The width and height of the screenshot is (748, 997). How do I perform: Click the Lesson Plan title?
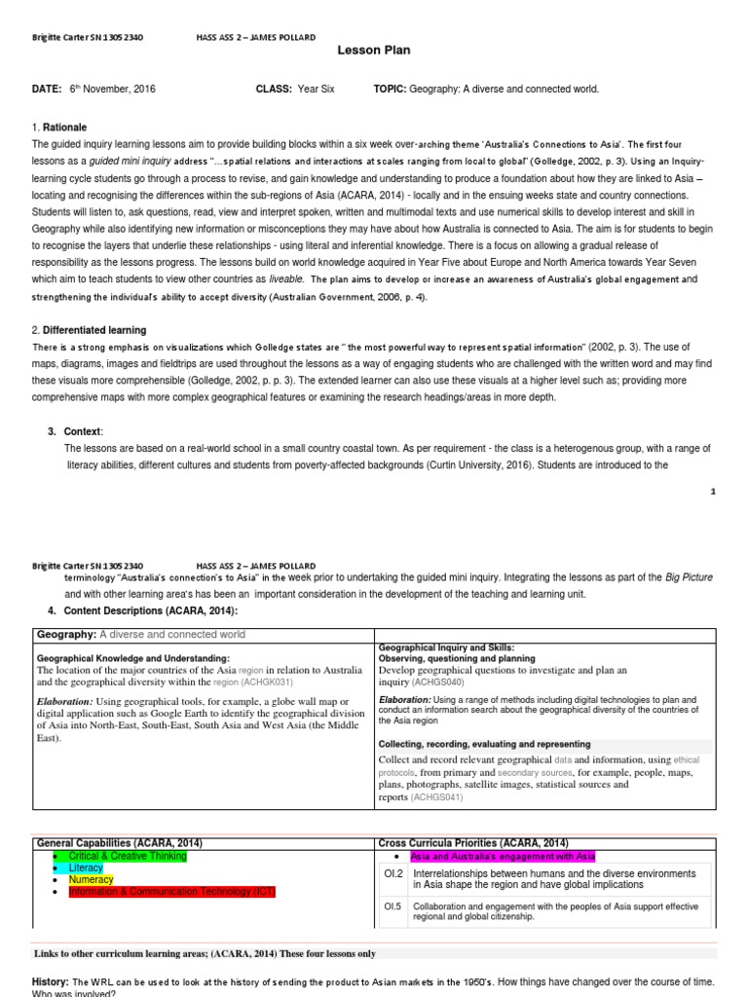tap(374, 51)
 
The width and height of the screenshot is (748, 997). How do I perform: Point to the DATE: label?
tap(47, 90)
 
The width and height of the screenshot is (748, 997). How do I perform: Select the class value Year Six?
tap(317, 90)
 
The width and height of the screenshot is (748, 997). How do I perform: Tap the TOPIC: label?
tap(390, 90)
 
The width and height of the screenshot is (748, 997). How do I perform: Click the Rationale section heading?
tap(64, 128)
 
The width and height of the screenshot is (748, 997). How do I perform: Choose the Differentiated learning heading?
tap(93, 331)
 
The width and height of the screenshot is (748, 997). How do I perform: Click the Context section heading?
tap(83, 431)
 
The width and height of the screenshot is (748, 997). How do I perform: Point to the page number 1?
tap(713, 492)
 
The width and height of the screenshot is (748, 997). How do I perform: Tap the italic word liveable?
tap(287, 277)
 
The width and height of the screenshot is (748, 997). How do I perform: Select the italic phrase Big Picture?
tap(690, 577)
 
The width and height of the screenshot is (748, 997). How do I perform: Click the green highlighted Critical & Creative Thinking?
tap(128, 856)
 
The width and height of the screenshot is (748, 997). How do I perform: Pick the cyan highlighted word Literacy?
tap(87, 868)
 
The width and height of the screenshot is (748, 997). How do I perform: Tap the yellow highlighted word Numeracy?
tap(91, 879)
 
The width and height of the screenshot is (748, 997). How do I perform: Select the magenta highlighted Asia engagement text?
tap(503, 857)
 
